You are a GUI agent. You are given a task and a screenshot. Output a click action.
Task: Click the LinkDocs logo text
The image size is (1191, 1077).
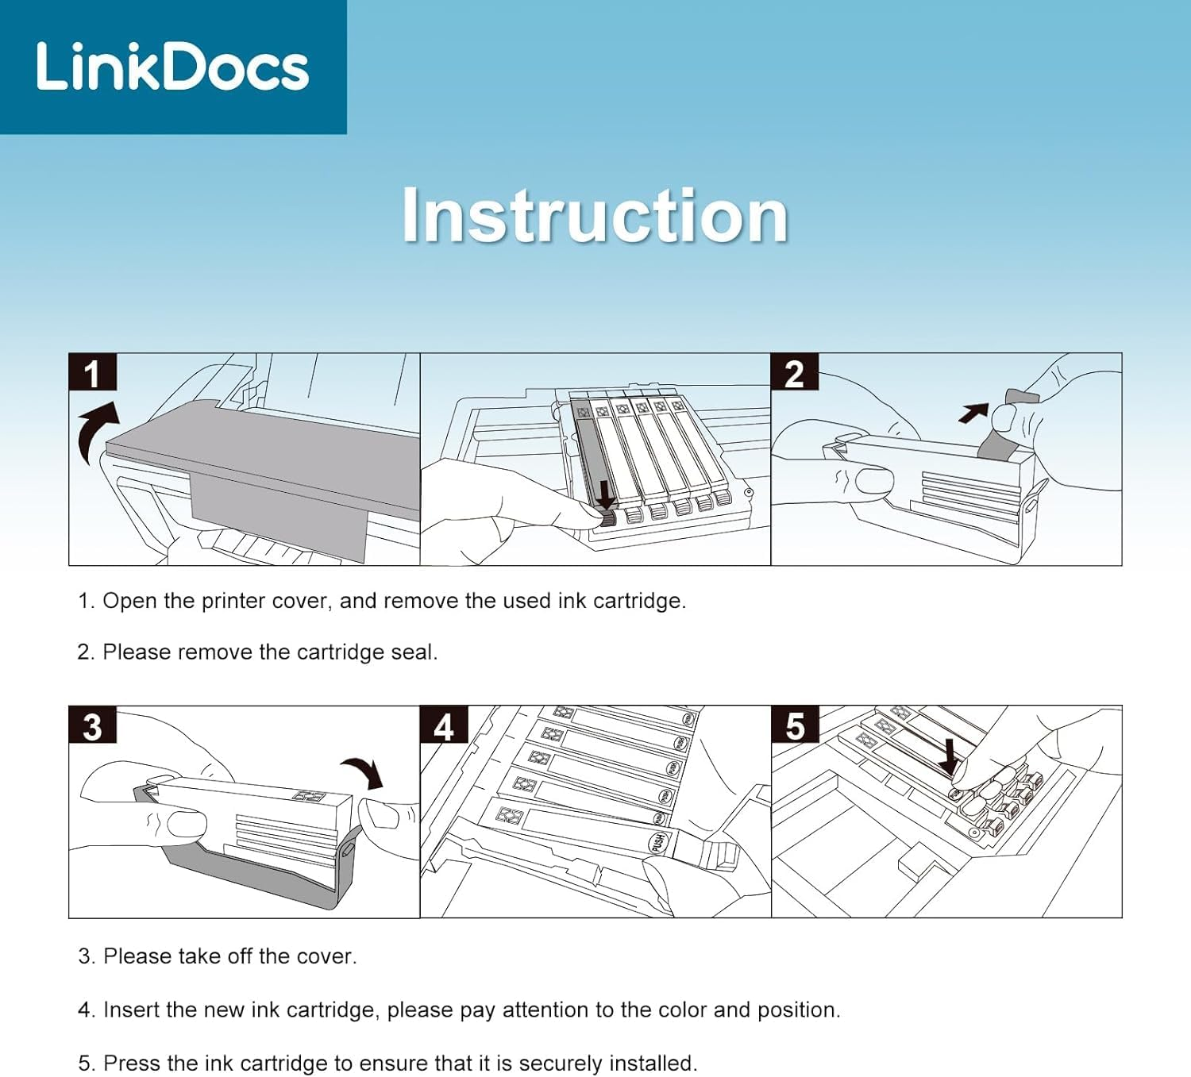pyautogui.click(x=173, y=67)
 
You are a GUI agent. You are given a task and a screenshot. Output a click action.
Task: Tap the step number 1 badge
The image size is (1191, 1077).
pyautogui.click(x=93, y=371)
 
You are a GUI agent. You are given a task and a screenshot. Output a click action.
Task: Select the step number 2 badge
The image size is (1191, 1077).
pyautogui.click(x=794, y=371)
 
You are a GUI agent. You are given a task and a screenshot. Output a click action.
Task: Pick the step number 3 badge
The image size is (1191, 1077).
pyautogui.click(x=93, y=725)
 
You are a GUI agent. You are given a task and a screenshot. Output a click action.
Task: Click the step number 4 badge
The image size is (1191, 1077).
pyautogui.click(x=444, y=725)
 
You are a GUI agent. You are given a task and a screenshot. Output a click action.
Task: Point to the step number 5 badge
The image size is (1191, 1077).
pyautogui.click(x=795, y=725)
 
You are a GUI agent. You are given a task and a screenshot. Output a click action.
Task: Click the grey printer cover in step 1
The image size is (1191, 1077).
pyautogui.click(x=261, y=469)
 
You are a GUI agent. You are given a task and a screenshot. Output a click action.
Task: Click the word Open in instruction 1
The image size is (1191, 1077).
pyautogui.click(x=130, y=602)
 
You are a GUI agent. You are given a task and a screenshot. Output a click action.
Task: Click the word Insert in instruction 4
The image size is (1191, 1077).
pyautogui.click(x=127, y=1010)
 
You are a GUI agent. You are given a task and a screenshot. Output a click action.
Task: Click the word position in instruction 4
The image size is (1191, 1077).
pyautogui.click(x=799, y=1010)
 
